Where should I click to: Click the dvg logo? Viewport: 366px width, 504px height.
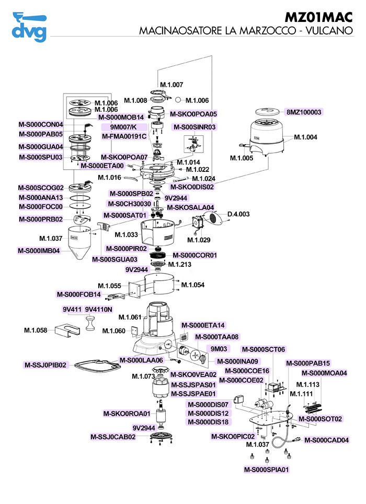tap(29, 27)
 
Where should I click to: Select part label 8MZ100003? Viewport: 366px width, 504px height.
tap(304, 112)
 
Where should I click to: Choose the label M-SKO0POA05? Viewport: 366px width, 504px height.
tap(193, 113)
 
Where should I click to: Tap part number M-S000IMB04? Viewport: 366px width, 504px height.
tap(40, 250)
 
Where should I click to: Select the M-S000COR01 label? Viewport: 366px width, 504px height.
tap(195, 255)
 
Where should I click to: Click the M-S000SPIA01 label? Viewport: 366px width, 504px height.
tap(267, 470)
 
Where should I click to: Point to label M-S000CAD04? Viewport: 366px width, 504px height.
tap(326, 440)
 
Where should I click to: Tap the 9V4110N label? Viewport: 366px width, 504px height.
tap(98, 309)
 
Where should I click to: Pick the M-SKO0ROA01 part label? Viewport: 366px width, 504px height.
tap(127, 414)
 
